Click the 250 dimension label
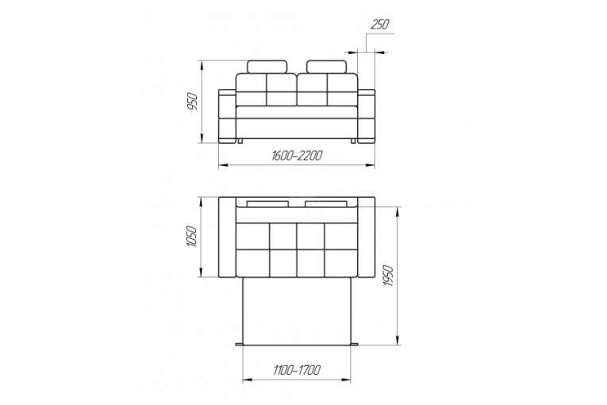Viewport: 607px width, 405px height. pos(380,25)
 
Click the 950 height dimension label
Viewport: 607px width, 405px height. pos(192,102)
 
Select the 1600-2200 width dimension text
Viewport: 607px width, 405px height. pos(297,156)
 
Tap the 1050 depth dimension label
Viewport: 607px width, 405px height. pos(192,237)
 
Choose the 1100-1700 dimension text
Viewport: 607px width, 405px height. pos(297,370)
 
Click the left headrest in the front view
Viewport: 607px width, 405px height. pos(267,67)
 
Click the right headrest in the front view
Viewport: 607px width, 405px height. pos(326,67)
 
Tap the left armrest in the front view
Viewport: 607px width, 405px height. pos(227,116)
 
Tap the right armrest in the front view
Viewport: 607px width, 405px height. pos(367,116)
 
